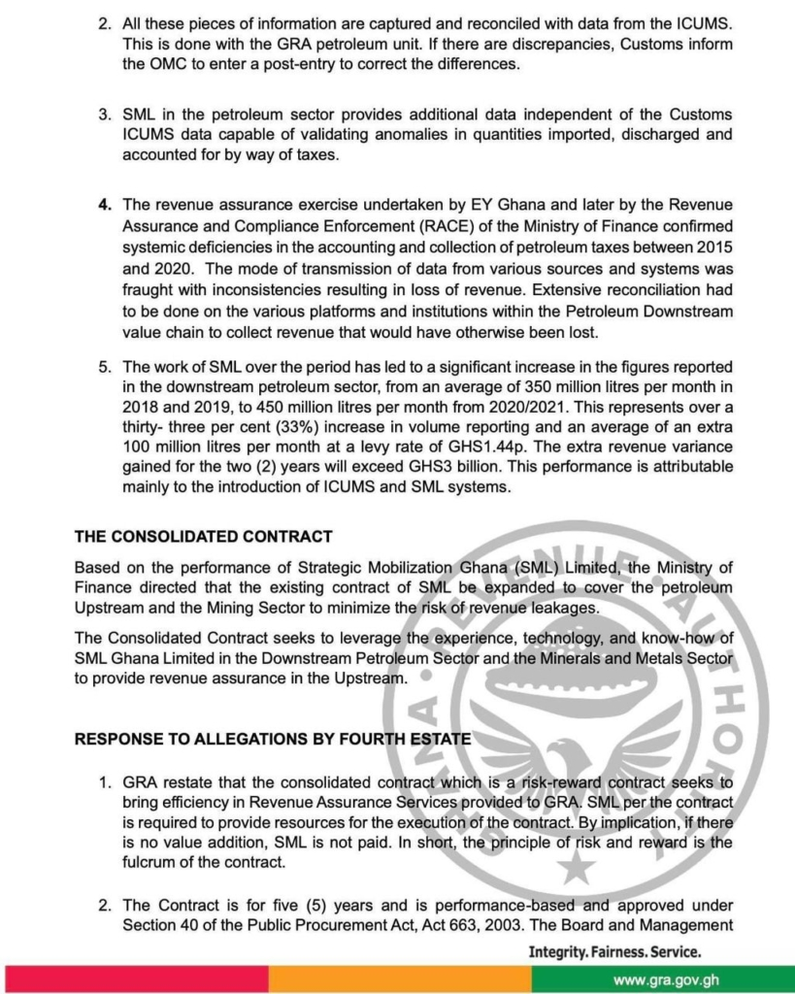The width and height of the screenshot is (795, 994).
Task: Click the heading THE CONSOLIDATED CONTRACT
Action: coord(204,536)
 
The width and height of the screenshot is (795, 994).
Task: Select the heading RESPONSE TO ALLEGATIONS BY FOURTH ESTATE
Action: coord(273,739)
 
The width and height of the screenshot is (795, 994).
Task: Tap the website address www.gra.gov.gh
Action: coord(666,979)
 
